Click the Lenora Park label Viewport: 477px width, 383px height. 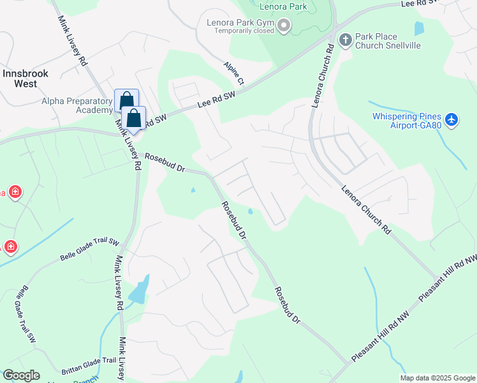click(283, 7)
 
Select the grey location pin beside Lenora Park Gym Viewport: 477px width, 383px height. click(284, 26)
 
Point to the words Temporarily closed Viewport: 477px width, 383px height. click(244, 31)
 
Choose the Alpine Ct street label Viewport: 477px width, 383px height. click(233, 73)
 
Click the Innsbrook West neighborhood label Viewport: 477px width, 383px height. click(26, 79)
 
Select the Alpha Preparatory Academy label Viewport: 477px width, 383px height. click(77, 105)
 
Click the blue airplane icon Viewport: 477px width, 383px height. click(451, 119)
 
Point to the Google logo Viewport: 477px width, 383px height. click(21, 375)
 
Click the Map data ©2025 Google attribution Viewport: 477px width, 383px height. click(437, 378)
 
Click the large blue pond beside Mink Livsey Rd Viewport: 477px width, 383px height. click(140, 290)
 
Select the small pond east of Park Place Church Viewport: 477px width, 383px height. click(419, 28)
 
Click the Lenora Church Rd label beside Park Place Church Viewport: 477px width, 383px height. click(321, 75)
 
